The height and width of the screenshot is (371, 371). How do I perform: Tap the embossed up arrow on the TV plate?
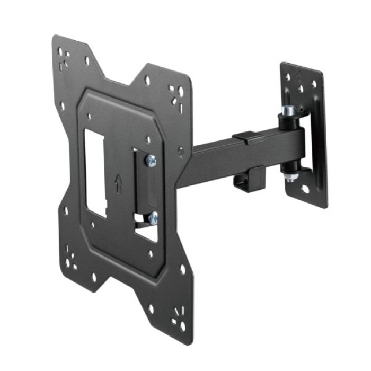coord(119,183)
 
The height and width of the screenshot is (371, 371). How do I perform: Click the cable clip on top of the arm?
coord(248,138)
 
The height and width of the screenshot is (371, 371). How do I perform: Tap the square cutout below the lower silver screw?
coord(146,233)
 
